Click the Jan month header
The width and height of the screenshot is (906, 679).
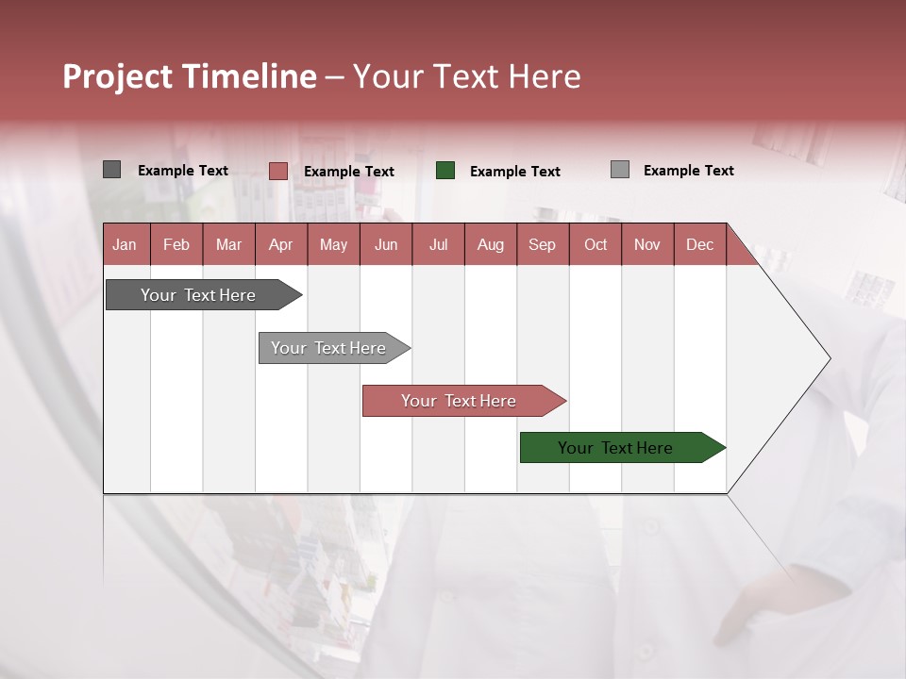click(x=126, y=244)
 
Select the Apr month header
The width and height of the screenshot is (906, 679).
click(x=281, y=244)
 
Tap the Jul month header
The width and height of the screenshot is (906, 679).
click(x=438, y=244)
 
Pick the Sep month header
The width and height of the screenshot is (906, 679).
click(x=542, y=244)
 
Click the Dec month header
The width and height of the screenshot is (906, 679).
click(x=699, y=244)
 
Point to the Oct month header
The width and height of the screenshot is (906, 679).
click(x=596, y=244)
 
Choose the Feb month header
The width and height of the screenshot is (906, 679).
click(x=176, y=244)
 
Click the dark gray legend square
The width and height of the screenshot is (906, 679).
click(x=112, y=170)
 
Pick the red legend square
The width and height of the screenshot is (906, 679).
click(x=277, y=171)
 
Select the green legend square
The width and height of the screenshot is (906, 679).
click(x=445, y=171)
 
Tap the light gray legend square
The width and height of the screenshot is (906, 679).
click(x=620, y=170)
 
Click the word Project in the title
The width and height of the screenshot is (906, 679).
click(x=119, y=77)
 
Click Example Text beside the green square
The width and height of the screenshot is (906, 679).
click(x=514, y=171)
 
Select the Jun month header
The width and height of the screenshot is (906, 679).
click(x=386, y=244)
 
